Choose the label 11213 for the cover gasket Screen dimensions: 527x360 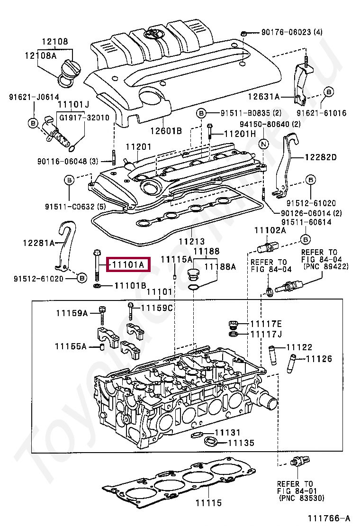click(192, 242)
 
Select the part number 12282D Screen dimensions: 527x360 click(320, 157)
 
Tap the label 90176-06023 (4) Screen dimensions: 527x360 click(292, 32)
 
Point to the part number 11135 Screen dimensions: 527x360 click(241, 443)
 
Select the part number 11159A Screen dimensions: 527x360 click(72, 313)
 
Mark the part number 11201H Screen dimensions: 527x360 click(239, 134)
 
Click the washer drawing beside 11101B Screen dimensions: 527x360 click(97, 286)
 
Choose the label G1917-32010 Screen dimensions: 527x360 click(83, 118)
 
